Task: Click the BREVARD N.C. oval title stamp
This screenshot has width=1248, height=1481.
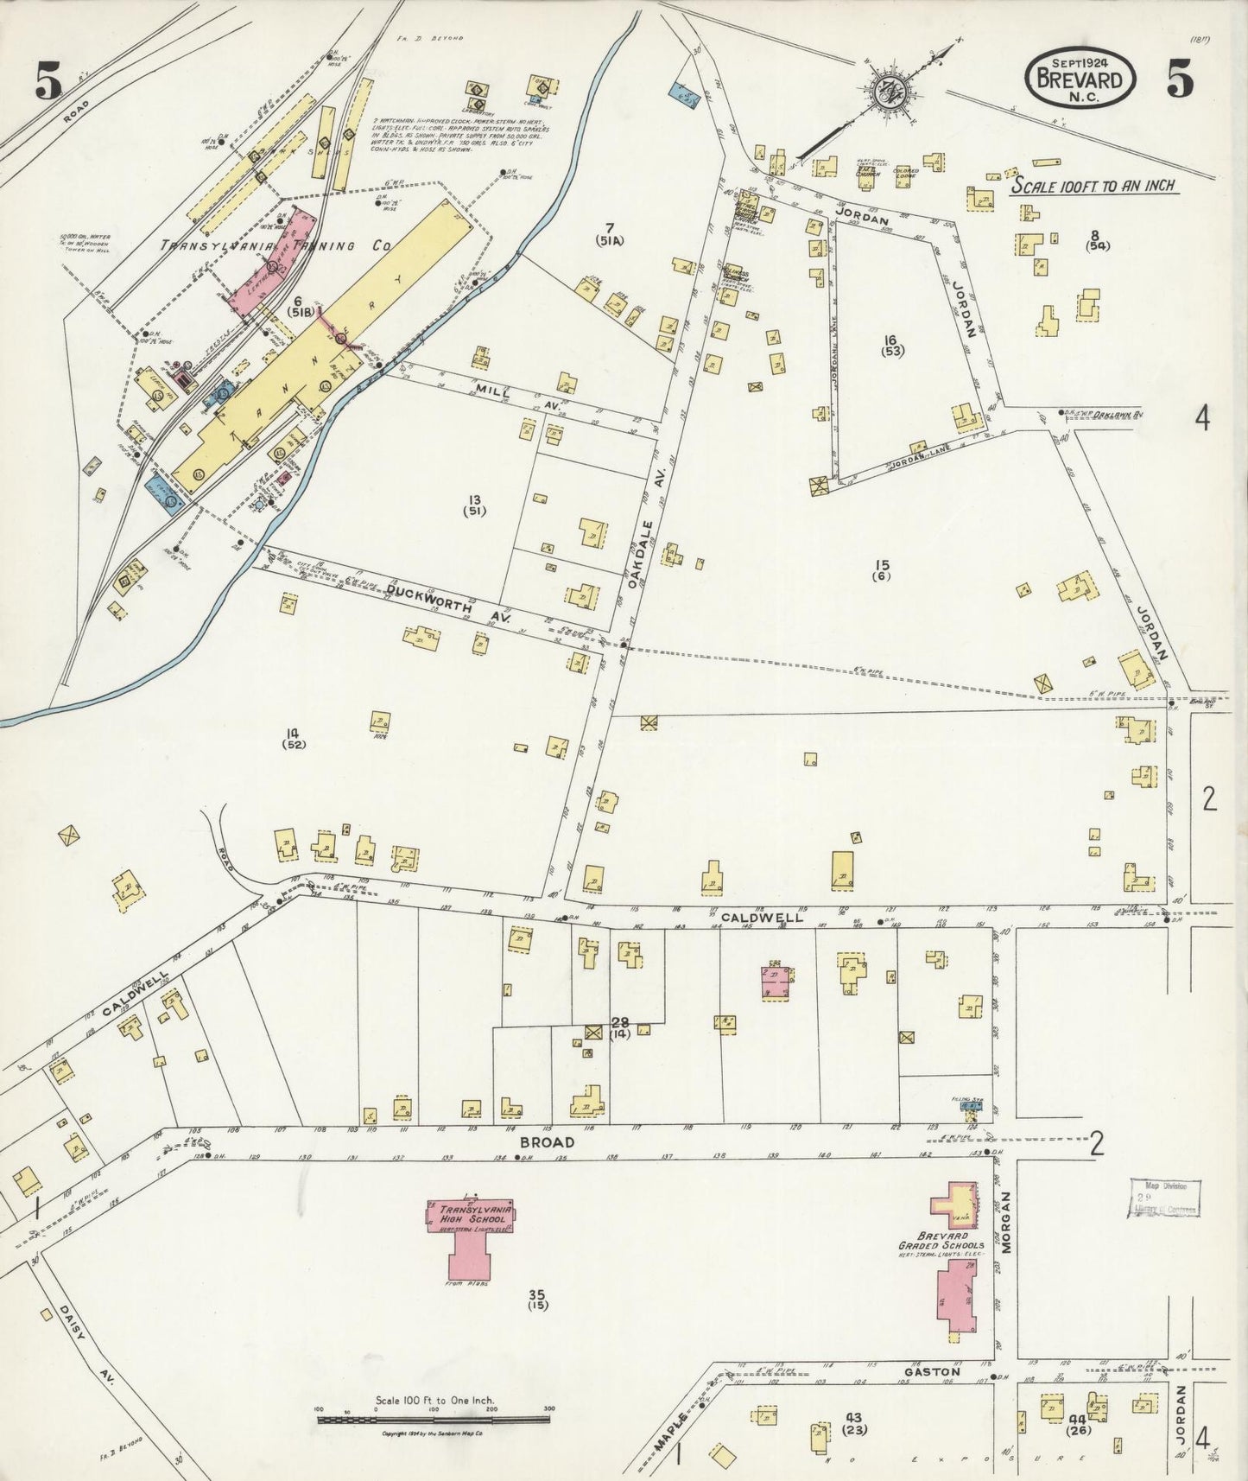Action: [x=1080, y=77]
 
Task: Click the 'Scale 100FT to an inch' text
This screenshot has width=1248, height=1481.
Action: [x=1096, y=186]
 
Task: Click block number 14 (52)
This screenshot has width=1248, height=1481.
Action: [x=294, y=737]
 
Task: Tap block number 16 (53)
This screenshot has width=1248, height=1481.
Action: [x=890, y=345]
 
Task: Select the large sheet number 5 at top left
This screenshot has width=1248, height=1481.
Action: [x=48, y=83]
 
